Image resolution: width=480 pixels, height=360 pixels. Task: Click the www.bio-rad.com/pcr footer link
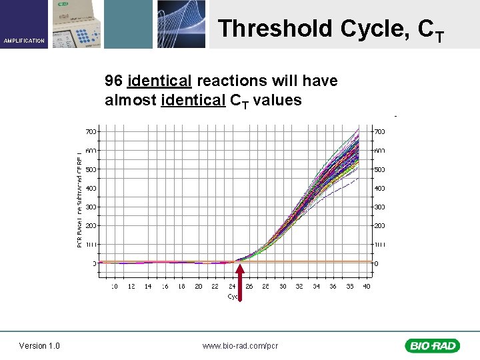pyautogui.click(x=240, y=345)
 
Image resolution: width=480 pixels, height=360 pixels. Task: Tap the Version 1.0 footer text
pyautogui.click(x=39, y=345)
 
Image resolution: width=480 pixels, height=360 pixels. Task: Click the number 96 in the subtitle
pyautogui.click(x=113, y=81)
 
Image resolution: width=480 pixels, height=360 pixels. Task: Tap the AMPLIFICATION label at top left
pyautogui.click(x=25, y=41)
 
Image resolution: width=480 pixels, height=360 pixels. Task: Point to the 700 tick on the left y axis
pyautogui.click(x=90, y=131)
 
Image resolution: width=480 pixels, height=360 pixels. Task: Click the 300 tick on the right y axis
pyautogui.click(x=379, y=207)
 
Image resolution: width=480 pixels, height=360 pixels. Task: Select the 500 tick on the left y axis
pyautogui.click(x=90, y=169)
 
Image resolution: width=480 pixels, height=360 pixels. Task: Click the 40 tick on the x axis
pyautogui.click(x=365, y=287)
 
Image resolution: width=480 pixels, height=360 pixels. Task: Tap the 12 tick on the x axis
pyautogui.click(x=131, y=287)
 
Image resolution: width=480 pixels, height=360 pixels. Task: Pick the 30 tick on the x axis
pyautogui.click(x=282, y=287)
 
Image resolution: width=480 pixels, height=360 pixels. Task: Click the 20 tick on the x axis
pyautogui.click(x=198, y=287)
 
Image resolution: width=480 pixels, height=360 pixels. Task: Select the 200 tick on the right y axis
pyautogui.click(x=379, y=226)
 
